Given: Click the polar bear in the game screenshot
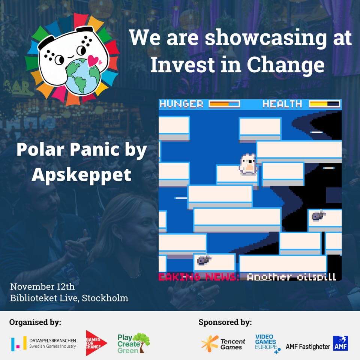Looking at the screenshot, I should (248, 164).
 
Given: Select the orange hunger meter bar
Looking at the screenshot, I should (224, 104).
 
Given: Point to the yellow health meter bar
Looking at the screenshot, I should (324, 104).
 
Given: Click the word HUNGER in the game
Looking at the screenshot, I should (181, 104).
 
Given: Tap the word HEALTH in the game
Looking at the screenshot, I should (282, 104).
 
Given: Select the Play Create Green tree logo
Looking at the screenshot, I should (133, 343).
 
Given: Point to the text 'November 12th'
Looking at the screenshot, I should (42, 287).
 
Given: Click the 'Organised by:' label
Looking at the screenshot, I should (35, 322).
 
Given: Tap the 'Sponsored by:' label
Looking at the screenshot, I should (225, 322).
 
